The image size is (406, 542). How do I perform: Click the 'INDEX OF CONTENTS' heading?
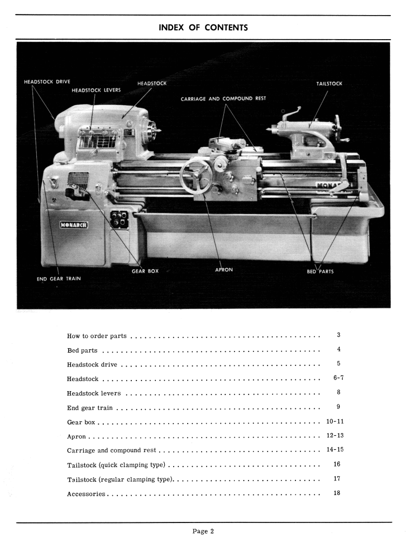tap(203, 27)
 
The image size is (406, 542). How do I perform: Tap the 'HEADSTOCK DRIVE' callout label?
tap(47, 82)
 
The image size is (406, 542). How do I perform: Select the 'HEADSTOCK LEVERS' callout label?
tap(96, 90)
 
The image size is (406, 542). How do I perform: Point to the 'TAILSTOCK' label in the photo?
tap(329, 84)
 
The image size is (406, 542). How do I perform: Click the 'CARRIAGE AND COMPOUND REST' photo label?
tap(223, 99)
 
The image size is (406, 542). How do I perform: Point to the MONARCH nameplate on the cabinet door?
tap(75, 225)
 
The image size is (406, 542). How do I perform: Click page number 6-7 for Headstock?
tap(338, 378)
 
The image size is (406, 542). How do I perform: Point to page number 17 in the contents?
tap(337, 478)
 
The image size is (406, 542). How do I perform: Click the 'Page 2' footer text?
tap(203, 531)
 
